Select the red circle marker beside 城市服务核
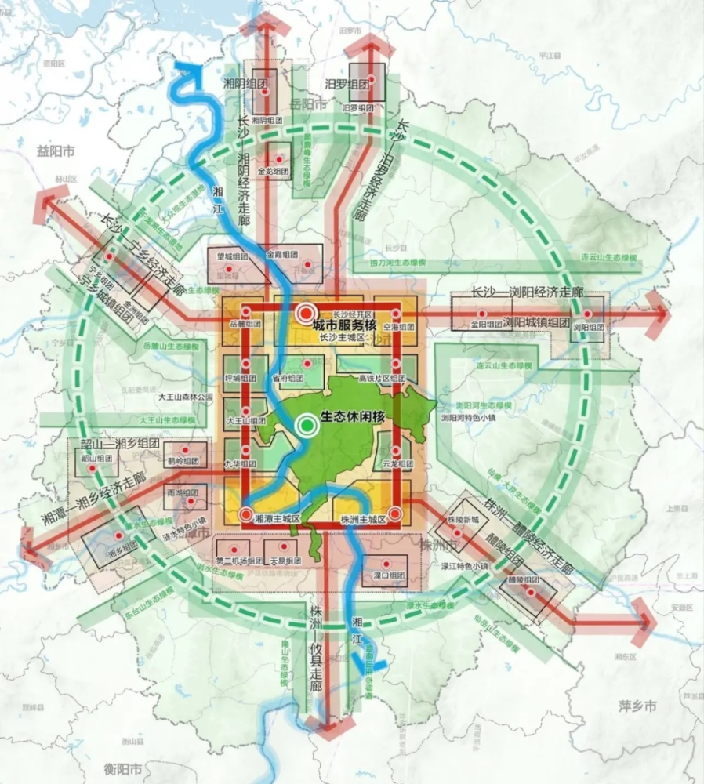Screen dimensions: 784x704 click(305, 314)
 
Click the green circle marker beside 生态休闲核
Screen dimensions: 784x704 click(307, 426)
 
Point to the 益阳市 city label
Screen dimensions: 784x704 click(55, 150)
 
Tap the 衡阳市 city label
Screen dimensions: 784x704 click(123, 767)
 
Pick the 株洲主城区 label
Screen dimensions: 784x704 click(364, 519)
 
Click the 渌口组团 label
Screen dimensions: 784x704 click(387, 576)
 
